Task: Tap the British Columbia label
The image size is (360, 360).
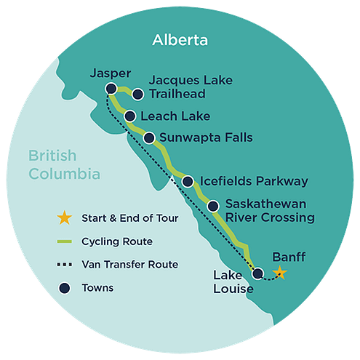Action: click(x=63, y=164)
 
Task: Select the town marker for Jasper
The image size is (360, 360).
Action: click(x=111, y=89)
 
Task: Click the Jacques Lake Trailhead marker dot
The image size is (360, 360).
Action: click(x=137, y=92)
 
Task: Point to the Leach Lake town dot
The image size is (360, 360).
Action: click(x=129, y=116)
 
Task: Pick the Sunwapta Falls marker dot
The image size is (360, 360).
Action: click(x=149, y=137)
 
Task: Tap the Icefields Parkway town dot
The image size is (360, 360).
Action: click(x=188, y=182)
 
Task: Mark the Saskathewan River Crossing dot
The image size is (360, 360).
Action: click(x=213, y=207)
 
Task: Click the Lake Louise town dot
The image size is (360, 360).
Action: click(x=257, y=273)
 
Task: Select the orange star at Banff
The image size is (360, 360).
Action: click(x=280, y=273)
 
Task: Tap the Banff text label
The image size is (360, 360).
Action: click(x=288, y=257)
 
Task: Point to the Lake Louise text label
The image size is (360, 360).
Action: click(x=233, y=282)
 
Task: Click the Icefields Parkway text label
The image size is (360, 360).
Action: click(x=253, y=182)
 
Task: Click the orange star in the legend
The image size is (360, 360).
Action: click(x=65, y=217)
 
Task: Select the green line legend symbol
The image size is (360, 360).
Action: click(x=65, y=241)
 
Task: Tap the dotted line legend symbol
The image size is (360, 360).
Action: click(x=65, y=265)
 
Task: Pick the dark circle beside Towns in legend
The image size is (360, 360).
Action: click(x=65, y=288)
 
